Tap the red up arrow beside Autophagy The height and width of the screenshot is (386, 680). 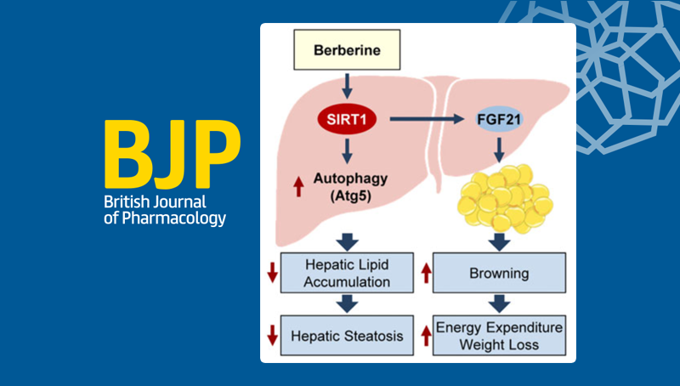pos(298,186)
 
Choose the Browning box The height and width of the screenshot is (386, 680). pos(499,275)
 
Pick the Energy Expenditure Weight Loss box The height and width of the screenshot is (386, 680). pos(499,335)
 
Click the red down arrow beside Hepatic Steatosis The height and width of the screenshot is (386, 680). pos(273,335)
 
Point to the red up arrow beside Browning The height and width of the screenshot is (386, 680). pos(424,275)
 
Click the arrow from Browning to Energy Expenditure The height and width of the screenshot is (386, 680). pos(499,304)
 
